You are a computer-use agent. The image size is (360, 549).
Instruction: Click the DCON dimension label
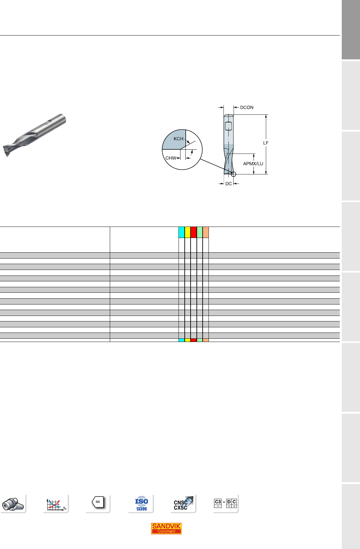pyautogui.click(x=247, y=107)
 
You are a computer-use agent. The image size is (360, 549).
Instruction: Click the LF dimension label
pyautogui.click(x=266, y=143)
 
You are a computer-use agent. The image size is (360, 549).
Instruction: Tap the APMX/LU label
pyautogui.click(x=253, y=164)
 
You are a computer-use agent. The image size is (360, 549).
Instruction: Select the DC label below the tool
pyautogui.click(x=228, y=184)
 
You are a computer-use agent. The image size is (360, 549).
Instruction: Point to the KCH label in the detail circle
pyautogui.click(x=178, y=139)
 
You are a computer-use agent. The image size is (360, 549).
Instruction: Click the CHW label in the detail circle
pyautogui.click(x=171, y=158)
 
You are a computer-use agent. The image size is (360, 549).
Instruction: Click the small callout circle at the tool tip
pyautogui.click(x=234, y=174)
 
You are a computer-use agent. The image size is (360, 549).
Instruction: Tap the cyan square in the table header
pyautogui.click(x=181, y=232)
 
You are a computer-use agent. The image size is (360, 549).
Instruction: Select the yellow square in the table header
pyautogui.click(x=188, y=232)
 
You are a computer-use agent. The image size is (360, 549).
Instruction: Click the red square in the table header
pyautogui.click(x=194, y=232)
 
